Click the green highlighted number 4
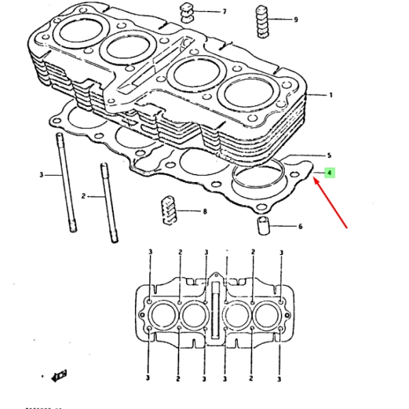(x=329, y=173)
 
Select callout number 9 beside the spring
(x=295, y=20)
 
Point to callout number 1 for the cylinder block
(x=331, y=96)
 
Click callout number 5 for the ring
(x=329, y=155)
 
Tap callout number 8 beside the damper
(x=204, y=212)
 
